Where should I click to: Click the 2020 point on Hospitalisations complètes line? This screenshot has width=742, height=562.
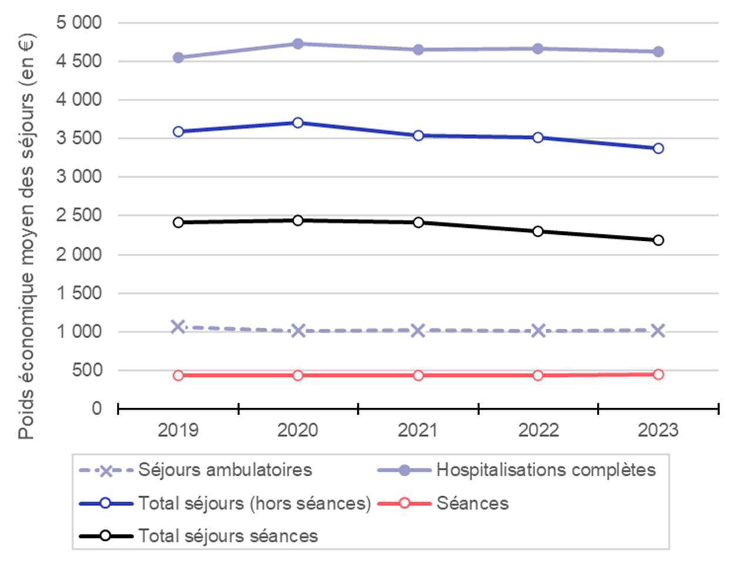coord(298,43)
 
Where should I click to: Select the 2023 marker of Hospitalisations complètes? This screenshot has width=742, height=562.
coord(658,52)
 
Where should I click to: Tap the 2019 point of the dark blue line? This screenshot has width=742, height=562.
coord(178,132)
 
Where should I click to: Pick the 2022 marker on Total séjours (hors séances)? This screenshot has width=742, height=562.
coord(538,137)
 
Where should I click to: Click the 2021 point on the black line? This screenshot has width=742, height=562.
coord(418,222)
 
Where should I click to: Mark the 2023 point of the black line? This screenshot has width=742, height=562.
coord(658,240)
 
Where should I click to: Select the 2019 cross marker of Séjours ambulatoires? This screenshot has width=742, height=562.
coord(178,327)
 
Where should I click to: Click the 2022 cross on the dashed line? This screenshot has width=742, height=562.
coord(538,331)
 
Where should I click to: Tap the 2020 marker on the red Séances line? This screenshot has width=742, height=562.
coord(298,375)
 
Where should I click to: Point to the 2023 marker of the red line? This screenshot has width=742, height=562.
coord(658,374)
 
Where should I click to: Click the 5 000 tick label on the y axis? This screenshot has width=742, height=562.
coord(79,23)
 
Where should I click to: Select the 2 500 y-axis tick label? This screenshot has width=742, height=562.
coord(79,216)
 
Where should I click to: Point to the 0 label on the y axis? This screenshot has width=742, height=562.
coord(96,409)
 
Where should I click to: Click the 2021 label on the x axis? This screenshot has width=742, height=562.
coord(418,430)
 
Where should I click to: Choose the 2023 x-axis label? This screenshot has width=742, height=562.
coord(658,430)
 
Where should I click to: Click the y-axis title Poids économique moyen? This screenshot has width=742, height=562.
coord(26,235)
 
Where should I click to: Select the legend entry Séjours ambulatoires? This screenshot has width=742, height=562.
coord(225,470)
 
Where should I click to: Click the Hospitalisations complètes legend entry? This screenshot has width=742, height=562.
coord(546,470)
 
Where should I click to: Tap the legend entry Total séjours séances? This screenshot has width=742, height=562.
coord(228,536)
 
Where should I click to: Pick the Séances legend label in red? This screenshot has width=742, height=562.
coord(472,504)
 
